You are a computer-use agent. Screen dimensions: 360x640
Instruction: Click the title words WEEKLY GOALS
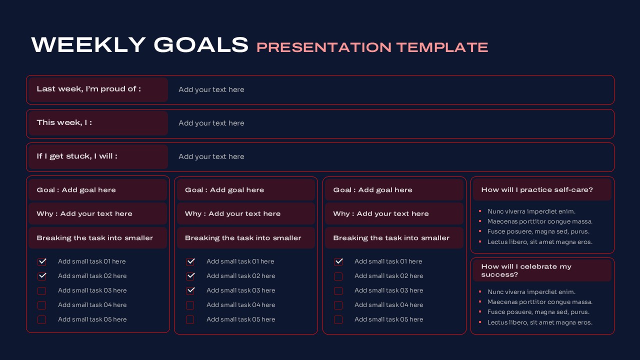pos(139,45)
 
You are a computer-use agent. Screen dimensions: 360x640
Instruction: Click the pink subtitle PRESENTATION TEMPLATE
pos(372,47)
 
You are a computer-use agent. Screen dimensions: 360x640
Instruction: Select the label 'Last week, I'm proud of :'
pos(88,89)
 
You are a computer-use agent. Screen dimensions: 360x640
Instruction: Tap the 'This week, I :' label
pos(64,122)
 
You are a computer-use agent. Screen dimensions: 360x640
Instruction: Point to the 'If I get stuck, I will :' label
pos(77,156)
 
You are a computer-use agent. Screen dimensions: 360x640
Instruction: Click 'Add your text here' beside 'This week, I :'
pos(211,123)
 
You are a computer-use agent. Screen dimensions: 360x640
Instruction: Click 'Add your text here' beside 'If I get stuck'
pos(211,156)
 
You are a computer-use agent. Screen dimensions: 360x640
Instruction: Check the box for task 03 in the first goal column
pos(42,291)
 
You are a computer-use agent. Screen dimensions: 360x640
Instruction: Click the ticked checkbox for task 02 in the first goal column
pos(42,276)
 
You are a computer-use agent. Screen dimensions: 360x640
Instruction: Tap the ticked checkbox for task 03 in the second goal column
pos(190,290)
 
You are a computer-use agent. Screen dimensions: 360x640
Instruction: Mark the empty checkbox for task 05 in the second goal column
pos(190,319)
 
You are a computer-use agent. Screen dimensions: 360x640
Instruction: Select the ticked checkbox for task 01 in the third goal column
pos(338,261)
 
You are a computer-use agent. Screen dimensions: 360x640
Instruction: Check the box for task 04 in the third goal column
pos(338,305)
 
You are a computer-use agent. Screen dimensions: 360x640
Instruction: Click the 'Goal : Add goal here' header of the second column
pos(224,190)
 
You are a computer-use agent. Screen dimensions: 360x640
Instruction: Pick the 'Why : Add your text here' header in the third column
pos(381,213)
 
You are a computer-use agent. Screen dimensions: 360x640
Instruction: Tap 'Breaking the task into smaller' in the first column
pos(94,238)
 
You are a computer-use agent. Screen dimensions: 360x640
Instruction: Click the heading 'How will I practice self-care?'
pos(537,190)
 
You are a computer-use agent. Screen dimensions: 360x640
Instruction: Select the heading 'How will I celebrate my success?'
pos(526,270)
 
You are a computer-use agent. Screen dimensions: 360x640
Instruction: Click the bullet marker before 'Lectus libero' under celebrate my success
pos(480,322)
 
